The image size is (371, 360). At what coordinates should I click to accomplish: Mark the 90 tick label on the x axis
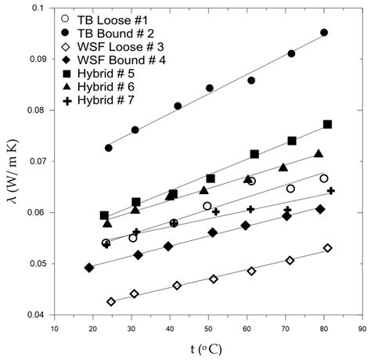(x=361, y=329)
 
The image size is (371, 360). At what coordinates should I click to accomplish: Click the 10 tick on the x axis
(x=54, y=329)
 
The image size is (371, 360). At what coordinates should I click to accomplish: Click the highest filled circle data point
(x=324, y=33)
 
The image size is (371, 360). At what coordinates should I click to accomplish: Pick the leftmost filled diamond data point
(x=89, y=268)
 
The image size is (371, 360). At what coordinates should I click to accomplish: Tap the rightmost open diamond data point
(x=327, y=248)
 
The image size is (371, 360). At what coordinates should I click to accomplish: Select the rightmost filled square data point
(x=327, y=124)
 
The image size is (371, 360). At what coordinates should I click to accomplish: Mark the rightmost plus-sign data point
(x=330, y=191)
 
